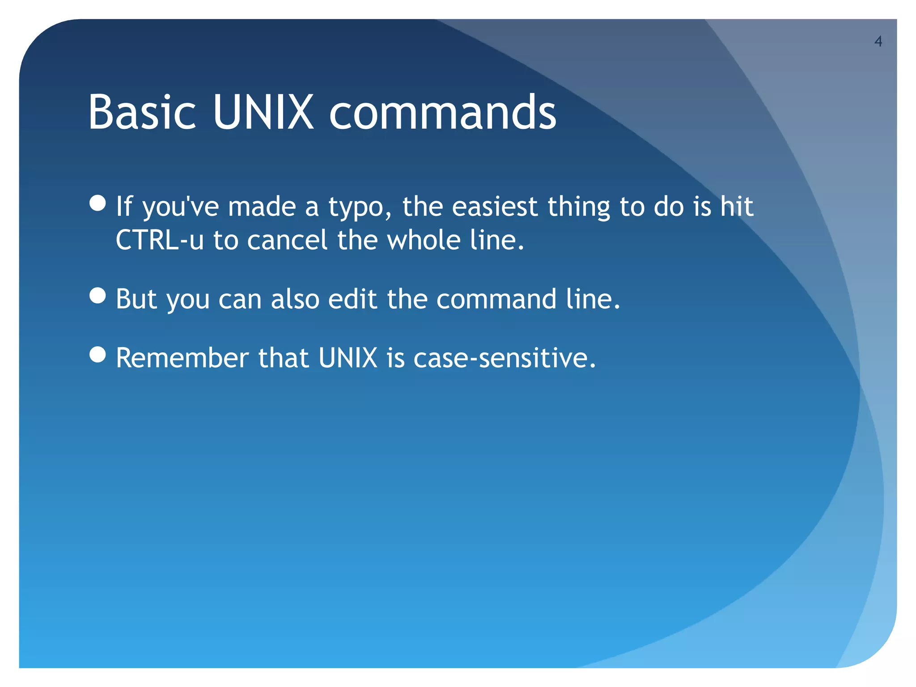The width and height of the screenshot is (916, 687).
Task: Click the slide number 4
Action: pos(878,42)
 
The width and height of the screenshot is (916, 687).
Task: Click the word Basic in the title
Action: pos(142,112)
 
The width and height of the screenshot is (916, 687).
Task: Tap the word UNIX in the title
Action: pos(263,112)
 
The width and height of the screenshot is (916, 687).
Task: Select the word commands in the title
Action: pos(442,112)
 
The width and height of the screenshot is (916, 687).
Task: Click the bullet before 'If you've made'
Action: pos(98,203)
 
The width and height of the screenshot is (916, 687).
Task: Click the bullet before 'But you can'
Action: pos(98,296)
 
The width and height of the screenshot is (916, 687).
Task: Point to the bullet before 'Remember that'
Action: pos(98,355)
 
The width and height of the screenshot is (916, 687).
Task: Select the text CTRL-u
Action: pos(160,240)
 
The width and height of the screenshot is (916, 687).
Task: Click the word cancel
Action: pos(288,240)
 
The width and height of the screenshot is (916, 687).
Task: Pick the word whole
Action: pos(424,240)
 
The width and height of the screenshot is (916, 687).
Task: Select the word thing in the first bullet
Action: pos(579,208)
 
